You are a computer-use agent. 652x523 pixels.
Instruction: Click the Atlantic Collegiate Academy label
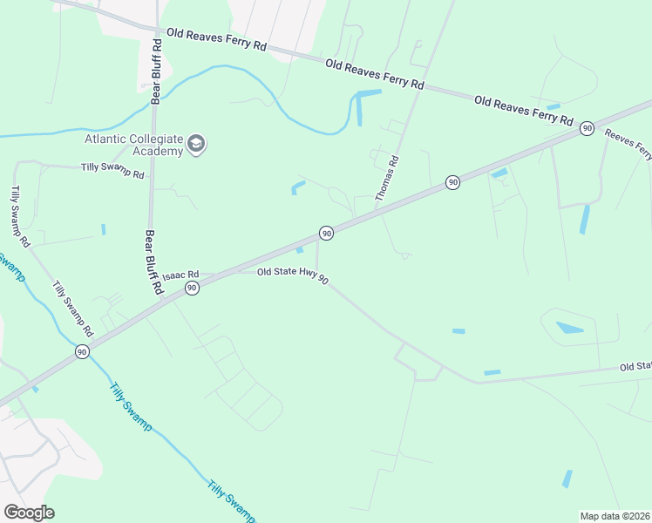pyautogui.click(x=133, y=145)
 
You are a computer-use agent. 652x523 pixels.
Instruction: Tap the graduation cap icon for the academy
pyautogui.click(x=196, y=145)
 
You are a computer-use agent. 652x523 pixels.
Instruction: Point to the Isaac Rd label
pyautogui.click(x=181, y=274)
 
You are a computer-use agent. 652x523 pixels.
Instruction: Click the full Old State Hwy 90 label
pyautogui.click(x=292, y=278)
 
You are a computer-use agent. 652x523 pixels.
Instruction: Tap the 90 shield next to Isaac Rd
pyautogui.click(x=192, y=288)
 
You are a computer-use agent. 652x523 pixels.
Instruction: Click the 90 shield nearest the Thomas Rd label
pyautogui.click(x=452, y=181)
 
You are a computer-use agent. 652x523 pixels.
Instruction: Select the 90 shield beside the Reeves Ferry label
pyautogui.click(x=587, y=128)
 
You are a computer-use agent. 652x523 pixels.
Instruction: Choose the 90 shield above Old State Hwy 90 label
pyautogui.click(x=325, y=234)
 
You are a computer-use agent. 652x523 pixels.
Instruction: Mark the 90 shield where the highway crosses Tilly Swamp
pyautogui.click(x=82, y=351)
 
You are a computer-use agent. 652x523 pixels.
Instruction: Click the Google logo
pyautogui.click(x=29, y=513)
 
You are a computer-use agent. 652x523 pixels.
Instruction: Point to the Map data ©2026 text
pyautogui.click(x=615, y=516)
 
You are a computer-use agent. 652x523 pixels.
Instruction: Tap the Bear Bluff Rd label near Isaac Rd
pyautogui.click(x=150, y=261)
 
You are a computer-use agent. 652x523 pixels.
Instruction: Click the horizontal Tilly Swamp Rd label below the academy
pyautogui.click(x=112, y=171)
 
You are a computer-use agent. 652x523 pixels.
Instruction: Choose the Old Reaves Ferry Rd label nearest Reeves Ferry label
pyautogui.click(x=524, y=109)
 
